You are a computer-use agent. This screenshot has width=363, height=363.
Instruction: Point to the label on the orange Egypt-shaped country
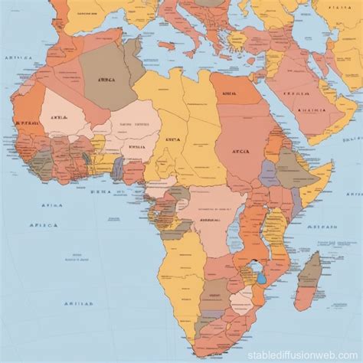point(227,93)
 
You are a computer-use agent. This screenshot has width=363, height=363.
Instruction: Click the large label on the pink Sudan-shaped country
point(239,152)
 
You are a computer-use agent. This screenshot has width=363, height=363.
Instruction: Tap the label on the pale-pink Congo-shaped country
point(208,218)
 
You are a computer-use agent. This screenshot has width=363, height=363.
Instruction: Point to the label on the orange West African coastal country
point(28,123)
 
